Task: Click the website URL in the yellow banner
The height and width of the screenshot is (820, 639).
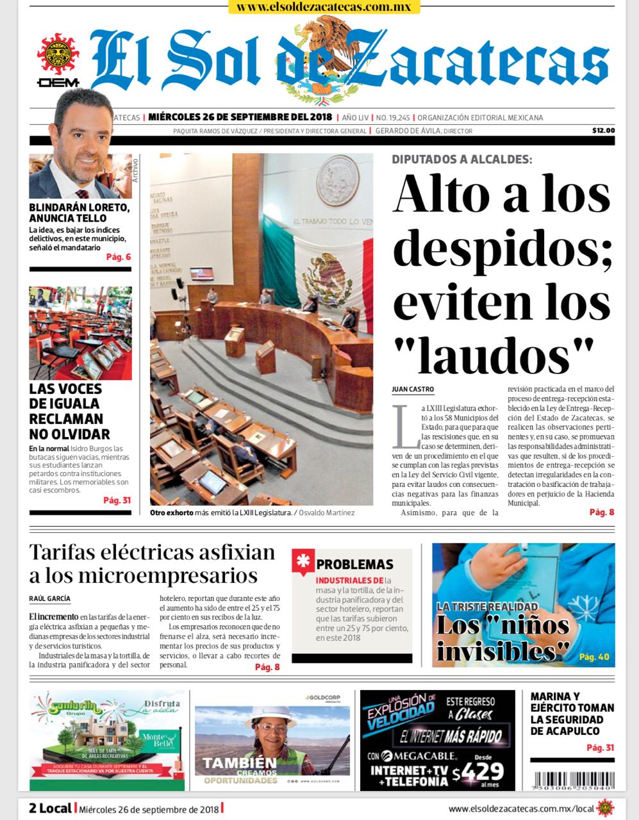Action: pyautogui.click(x=324, y=7)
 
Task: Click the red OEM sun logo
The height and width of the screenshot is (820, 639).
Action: pyautogui.click(x=58, y=58)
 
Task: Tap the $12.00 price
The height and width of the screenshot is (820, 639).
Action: pyautogui.click(x=602, y=131)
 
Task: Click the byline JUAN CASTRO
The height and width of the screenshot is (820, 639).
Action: pyautogui.click(x=413, y=389)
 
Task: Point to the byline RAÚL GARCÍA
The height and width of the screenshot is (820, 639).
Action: pyautogui.click(x=50, y=598)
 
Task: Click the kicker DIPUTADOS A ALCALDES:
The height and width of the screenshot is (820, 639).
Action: pyautogui.click(x=461, y=160)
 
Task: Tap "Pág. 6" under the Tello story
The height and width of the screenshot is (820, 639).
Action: pyautogui.click(x=119, y=258)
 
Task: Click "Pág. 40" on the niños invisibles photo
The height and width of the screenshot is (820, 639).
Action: pyautogui.click(x=594, y=657)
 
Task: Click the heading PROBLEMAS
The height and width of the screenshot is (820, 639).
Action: pyautogui.click(x=354, y=564)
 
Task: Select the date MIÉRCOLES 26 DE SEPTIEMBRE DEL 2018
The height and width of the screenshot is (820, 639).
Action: pyautogui.click(x=240, y=118)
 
